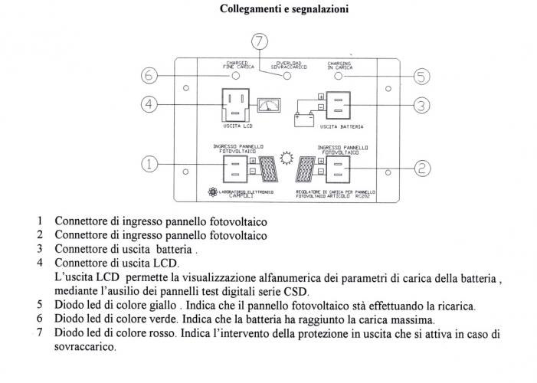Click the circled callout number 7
pos(260,41)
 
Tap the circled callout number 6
pos(150,76)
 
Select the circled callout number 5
pos(421,76)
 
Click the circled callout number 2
pos(421,164)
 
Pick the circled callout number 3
pos(421,104)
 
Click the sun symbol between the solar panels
pos(287,159)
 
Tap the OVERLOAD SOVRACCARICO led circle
pos(287,77)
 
